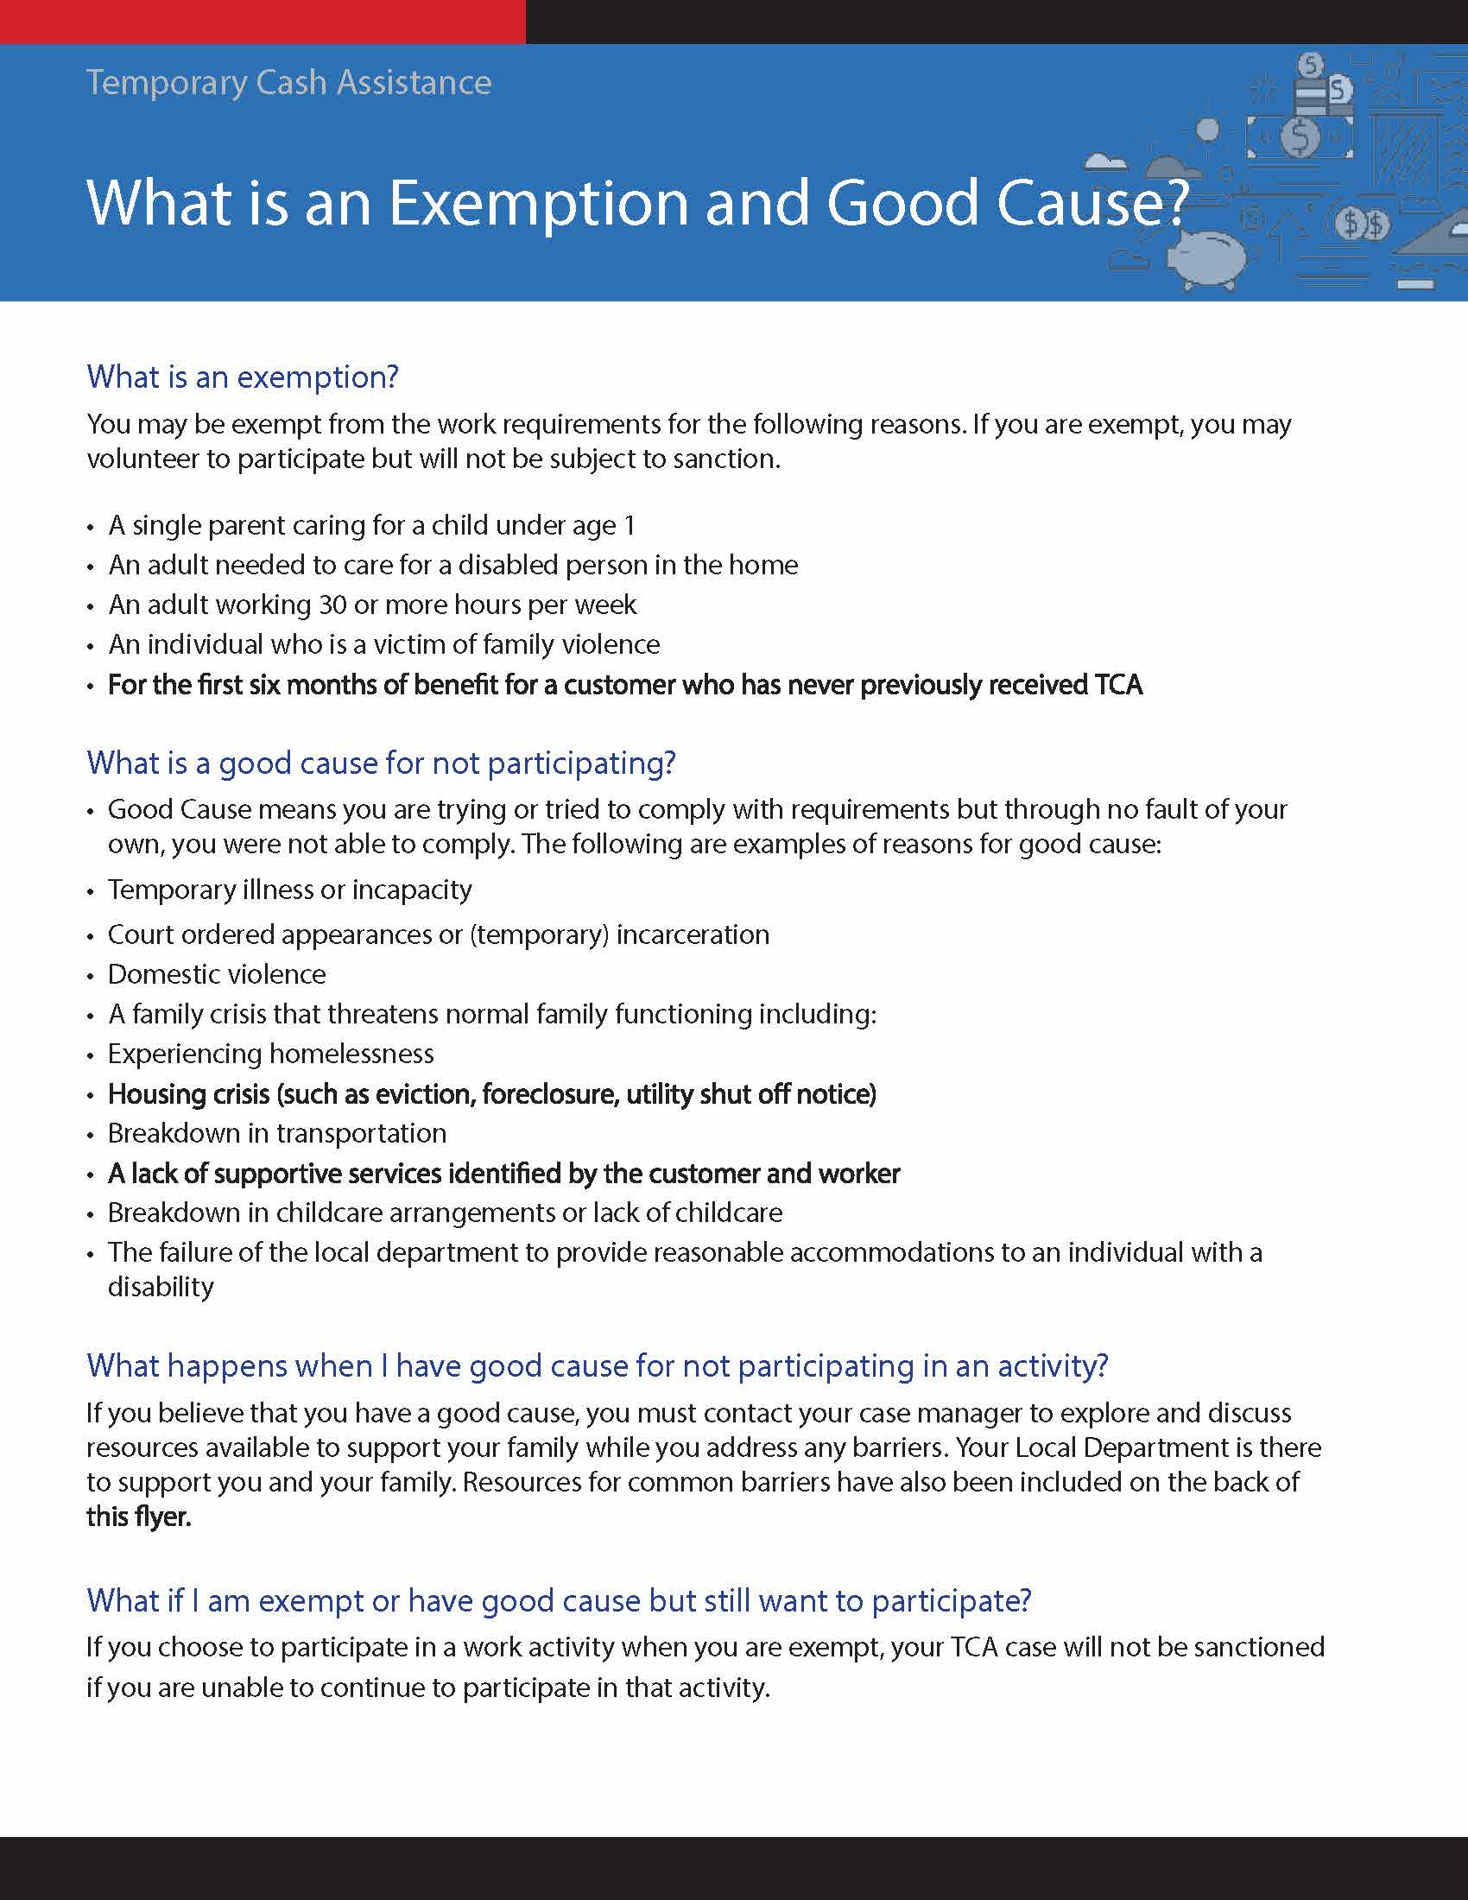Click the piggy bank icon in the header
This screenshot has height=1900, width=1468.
pyautogui.click(x=1208, y=257)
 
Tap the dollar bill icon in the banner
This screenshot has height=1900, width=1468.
pyautogui.click(x=1300, y=136)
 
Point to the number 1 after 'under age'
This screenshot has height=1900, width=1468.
pyautogui.click(x=630, y=525)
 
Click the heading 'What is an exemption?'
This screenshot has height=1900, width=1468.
pyautogui.click(x=243, y=377)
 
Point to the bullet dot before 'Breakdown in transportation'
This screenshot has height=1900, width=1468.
pyautogui.click(x=91, y=1135)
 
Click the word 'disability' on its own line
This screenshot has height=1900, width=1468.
pyautogui.click(x=161, y=1287)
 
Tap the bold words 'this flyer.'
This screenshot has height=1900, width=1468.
pyautogui.click(x=138, y=1517)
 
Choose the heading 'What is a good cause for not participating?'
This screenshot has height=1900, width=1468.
pyautogui.click(x=381, y=763)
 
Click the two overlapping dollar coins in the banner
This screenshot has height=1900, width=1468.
pyautogui.click(x=1362, y=225)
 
